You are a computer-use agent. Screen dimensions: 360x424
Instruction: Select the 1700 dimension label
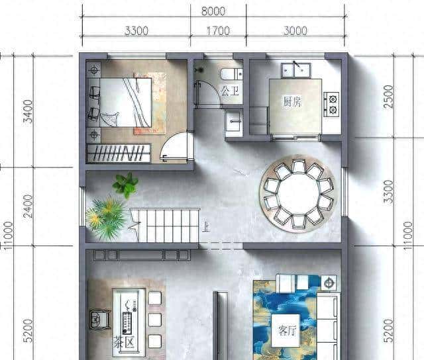218,30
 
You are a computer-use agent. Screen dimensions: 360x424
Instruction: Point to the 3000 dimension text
295,30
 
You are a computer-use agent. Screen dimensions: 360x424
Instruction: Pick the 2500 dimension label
388,97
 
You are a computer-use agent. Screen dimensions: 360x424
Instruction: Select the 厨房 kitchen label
293,103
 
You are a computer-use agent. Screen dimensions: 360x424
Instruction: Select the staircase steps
166,225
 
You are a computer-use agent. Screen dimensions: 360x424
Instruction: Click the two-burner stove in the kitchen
331,101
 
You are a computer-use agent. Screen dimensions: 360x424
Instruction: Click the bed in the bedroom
123,103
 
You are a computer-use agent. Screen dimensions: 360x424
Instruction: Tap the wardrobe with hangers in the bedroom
119,154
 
